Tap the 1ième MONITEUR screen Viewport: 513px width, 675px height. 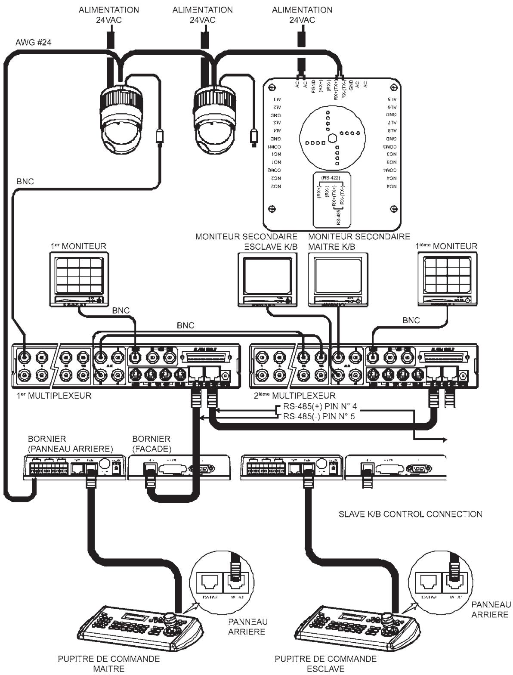point(446,276)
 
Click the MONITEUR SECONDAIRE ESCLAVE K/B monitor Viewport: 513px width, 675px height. point(267,278)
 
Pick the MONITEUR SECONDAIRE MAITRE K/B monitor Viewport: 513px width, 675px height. point(338,278)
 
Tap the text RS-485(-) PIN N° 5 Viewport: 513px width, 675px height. point(319,416)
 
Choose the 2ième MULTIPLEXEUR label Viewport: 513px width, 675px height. point(294,395)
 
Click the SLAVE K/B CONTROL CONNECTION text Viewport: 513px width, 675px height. point(410,514)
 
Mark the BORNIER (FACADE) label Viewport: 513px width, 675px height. point(151,444)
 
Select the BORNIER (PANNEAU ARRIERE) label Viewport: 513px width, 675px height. point(70,444)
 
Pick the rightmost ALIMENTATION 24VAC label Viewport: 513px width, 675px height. point(302,15)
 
